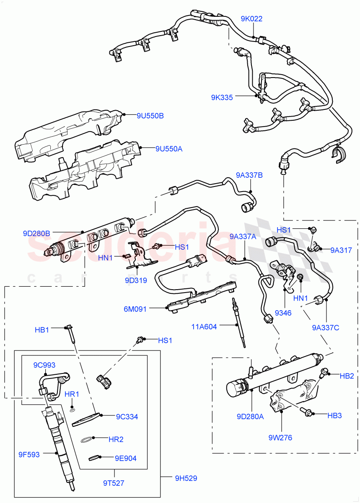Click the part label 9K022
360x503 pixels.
click(251, 19)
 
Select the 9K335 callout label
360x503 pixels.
click(222, 97)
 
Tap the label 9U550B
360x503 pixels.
click(150, 116)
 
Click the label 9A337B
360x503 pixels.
click(249, 175)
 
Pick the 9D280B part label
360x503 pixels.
click(36, 233)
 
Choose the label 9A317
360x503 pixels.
click(341, 250)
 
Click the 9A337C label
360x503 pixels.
click(325, 327)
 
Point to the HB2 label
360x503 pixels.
click(347, 376)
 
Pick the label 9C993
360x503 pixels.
click(44, 365)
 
